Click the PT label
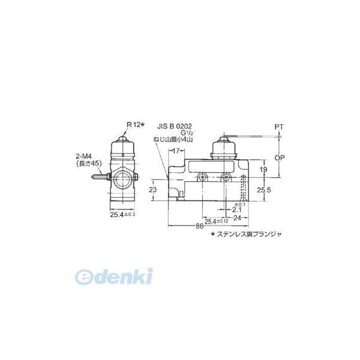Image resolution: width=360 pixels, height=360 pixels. click(x=280, y=127)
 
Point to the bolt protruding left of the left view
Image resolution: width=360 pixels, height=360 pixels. click(x=97, y=177)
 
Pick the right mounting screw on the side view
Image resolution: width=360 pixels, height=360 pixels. click(x=226, y=178)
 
